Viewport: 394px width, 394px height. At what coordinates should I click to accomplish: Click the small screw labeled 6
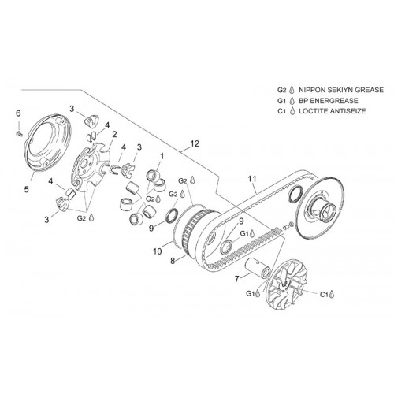coord(20,134)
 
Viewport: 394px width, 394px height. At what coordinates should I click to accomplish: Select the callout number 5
coord(27,189)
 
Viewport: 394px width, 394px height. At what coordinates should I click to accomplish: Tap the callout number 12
coord(195,143)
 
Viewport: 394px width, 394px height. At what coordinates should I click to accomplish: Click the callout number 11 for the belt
coord(252,179)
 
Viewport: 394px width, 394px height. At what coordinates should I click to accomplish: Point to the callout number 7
coord(237,279)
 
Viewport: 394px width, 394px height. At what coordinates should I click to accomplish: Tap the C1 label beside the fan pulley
coord(324,294)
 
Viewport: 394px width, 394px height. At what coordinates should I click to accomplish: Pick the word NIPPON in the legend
coord(312,90)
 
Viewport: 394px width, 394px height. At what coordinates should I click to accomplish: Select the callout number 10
coord(158,251)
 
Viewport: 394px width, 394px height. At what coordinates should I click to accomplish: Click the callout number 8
coord(173,261)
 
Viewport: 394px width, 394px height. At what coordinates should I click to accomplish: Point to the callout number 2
coord(114,135)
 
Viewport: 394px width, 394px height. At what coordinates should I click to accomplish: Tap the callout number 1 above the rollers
coord(162,156)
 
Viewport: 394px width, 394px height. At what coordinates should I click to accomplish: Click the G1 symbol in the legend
coord(281,101)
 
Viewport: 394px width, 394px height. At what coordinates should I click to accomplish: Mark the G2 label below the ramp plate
coord(81,217)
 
